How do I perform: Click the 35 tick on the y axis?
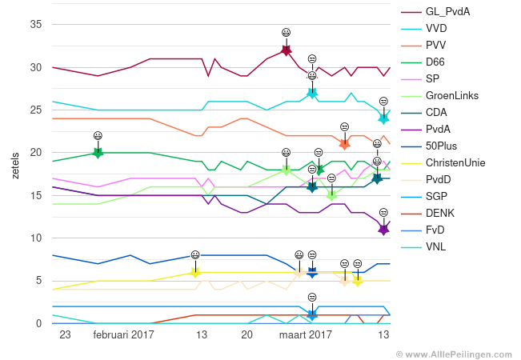[36, 25]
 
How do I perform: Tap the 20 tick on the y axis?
[36, 153]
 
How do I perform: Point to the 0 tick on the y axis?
[38, 323]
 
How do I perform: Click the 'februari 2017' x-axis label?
[123, 335]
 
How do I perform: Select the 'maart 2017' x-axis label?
[305, 335]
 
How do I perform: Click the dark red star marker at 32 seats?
[286, 50]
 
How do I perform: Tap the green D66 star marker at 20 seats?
[98, 153]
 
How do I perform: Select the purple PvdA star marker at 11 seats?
[383, 230]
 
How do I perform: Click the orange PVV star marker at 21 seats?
[344, 144]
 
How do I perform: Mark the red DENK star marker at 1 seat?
[312, 314]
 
